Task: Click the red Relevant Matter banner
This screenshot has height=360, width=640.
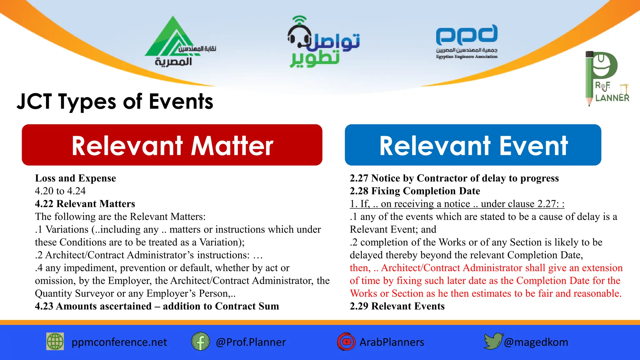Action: point(172,145)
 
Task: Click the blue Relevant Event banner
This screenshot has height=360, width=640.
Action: point(473,145)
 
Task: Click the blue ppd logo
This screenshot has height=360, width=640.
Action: point(467,35)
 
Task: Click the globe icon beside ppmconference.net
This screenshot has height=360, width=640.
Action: point(55,342)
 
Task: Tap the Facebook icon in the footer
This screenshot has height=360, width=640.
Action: point(200,342)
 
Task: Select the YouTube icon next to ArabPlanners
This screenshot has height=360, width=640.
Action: point(346,342)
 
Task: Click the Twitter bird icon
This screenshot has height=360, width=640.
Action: point(493,341)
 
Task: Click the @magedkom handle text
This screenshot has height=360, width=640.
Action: point(536,342)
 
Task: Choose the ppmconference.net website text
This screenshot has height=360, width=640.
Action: point(119,342)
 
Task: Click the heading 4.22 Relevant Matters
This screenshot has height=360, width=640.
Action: point(85,204)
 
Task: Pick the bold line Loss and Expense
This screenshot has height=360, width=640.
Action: point(75,178)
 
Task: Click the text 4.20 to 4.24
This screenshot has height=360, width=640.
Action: point(60,191)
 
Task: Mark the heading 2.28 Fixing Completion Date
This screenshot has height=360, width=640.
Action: point(415,191)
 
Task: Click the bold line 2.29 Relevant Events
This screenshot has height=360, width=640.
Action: point(397,306)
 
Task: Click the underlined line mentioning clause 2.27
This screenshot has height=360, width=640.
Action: point(457,204)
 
